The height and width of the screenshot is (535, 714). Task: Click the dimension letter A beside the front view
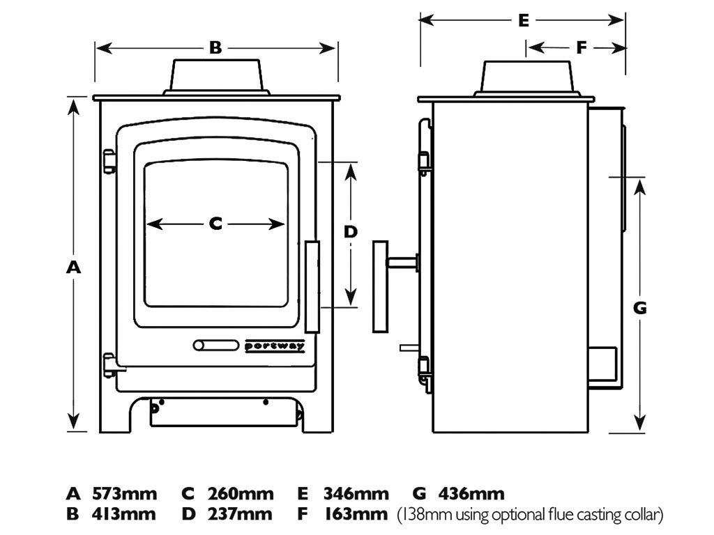[73, 267]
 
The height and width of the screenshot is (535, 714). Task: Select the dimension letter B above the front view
[215, 48]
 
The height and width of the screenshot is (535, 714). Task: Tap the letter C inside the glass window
[215, 224]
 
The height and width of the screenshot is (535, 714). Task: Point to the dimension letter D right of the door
[351, 232]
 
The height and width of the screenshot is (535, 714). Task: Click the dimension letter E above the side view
[524, 20]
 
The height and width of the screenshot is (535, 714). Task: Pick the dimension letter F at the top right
[582, 48]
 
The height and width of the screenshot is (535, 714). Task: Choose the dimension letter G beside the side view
[640, 307]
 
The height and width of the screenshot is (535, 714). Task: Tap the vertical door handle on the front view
[312, 287]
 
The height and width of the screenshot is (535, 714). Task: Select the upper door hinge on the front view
[109, 161]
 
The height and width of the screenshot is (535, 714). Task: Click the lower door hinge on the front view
[109, 364]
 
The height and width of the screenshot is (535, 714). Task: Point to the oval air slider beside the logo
[215, 346]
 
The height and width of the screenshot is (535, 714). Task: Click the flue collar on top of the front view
[216, 75]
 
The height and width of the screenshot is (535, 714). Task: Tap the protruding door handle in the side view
[380, 286]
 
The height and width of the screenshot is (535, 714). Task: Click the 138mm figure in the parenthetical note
[420, 515]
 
